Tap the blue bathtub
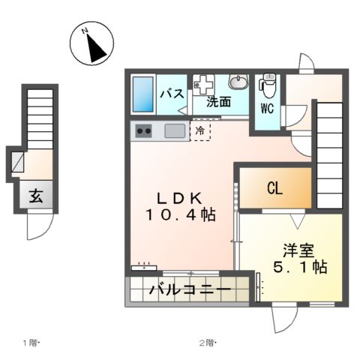pyautogui.click(x=143, y=96)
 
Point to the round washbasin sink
pyautogui.click(x=238, y=82)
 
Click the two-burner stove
pyautogui.click(x=143, y=132)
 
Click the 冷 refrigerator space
pyautogui.click(x=200, y=131)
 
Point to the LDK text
pyautogui.click(x=178, y=198)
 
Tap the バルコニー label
pyautogui.click(x=188, y=290)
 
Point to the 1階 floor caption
pyautogui.click(x=34, y=343)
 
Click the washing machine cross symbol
pyautogui.click(x=202, y=82)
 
